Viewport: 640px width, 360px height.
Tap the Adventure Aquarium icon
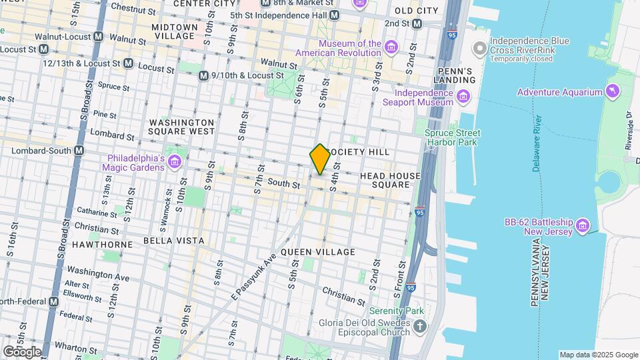(x=612, y=91)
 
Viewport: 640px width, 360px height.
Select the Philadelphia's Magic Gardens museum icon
(x=175, y=161)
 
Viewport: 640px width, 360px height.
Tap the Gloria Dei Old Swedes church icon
(x=419, y=326)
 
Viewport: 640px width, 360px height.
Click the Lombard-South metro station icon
(x=79, y=151)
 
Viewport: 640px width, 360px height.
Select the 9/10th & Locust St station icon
(x=203, y=76)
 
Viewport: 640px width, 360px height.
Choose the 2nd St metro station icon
(x=417, y=23)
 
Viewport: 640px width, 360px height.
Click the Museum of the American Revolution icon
(x=391, y=46)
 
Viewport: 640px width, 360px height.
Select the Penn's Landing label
(x=457, y=75)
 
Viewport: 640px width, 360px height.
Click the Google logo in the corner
(x=21, y=351)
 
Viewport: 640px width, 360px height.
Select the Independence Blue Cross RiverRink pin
(x=479, y=49)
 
